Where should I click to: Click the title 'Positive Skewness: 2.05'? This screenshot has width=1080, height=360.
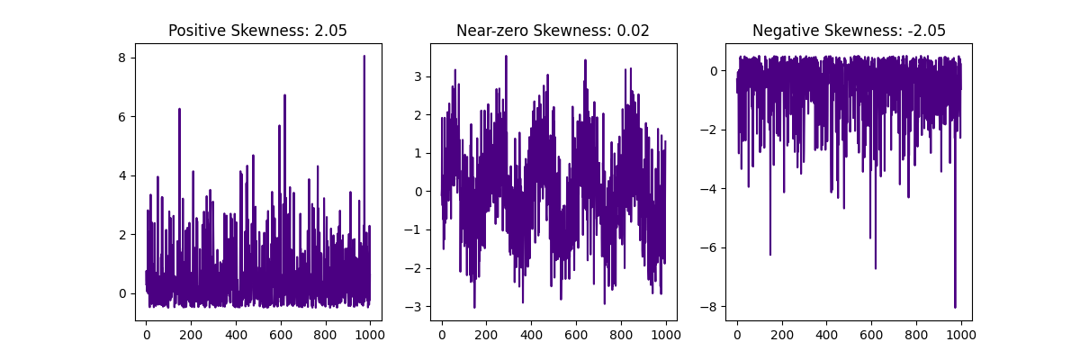(257, 31)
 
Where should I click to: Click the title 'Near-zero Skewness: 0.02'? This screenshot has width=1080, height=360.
(553, 31)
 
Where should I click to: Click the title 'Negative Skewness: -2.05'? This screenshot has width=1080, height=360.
(849, 31)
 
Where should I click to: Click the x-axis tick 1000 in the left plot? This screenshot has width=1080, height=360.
(370, 336)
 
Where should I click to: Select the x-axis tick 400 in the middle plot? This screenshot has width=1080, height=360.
(531, 336)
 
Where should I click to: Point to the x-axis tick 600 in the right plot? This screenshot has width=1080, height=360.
(871, 336)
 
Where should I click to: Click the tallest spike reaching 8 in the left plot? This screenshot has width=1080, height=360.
(364, 58)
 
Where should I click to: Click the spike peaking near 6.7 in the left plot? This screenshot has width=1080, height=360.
(284, 96)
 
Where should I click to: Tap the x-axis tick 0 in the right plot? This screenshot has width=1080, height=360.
(737, 336)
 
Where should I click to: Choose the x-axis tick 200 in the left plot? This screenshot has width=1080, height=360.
(191, 336)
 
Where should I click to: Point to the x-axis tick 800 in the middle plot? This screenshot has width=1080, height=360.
(621, 336)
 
